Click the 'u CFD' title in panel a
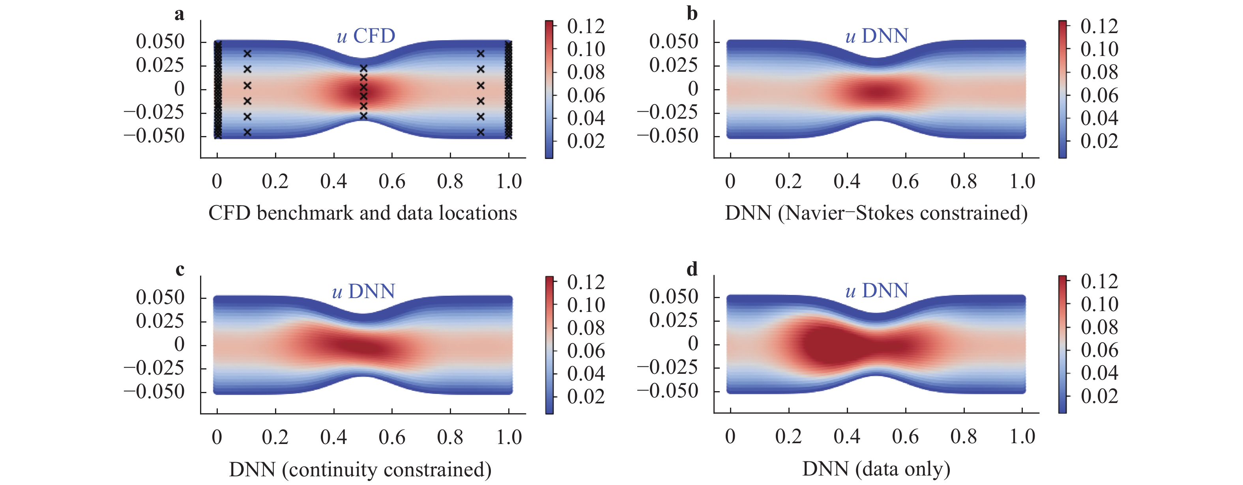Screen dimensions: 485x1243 coord(366,35)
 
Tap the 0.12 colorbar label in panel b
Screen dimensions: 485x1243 coord(1099,26)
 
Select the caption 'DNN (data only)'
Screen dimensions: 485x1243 coord(876,468)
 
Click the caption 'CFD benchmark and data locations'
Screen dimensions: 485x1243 coord(362,213)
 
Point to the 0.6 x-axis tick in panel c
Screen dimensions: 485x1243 coord(392,437)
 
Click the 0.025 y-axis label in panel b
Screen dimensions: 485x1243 coord(674,65)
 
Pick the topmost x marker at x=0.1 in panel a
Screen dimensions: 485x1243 coord(247,54)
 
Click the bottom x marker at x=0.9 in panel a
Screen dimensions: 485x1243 coord(481,132)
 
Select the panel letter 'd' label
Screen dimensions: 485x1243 coord(692,269)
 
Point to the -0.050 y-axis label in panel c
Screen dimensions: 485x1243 coord(154,391)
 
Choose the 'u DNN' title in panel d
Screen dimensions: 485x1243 coord(877,291)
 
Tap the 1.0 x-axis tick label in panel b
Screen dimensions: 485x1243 coord(1022,181)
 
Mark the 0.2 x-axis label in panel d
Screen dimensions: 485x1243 coord(788,436)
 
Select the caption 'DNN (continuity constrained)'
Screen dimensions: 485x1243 coord(360,469)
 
